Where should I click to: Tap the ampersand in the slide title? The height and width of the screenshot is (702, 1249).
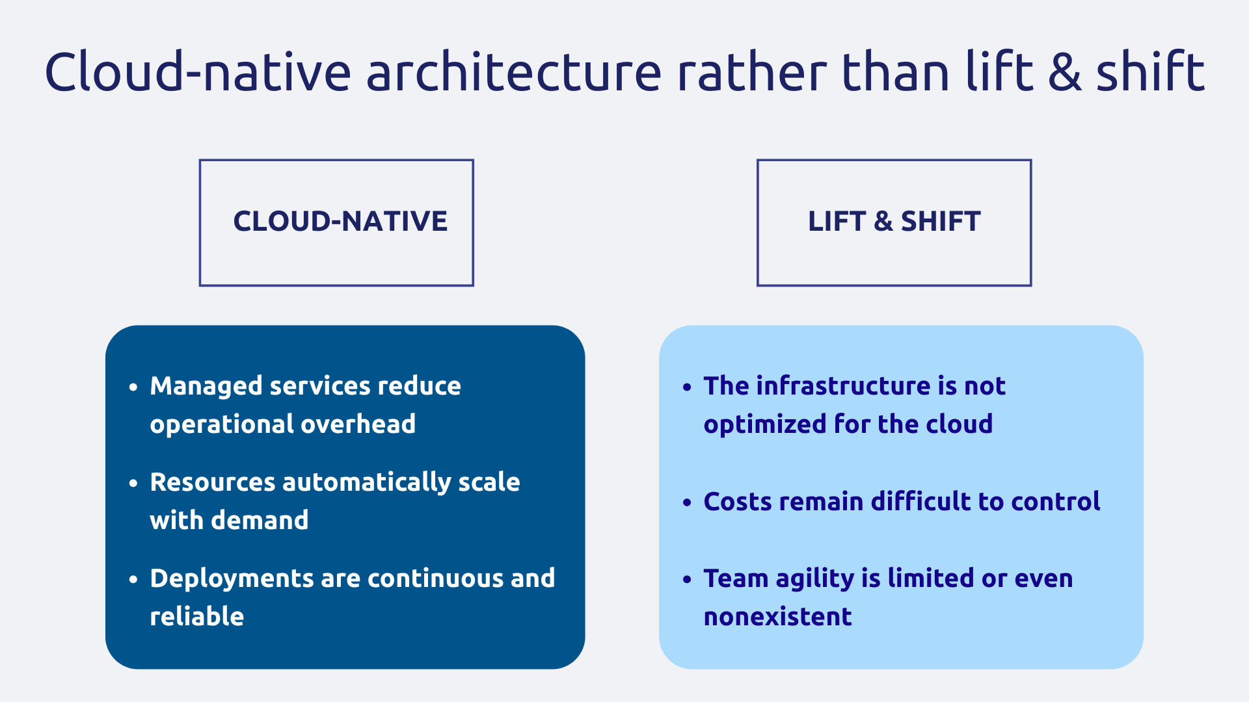click(x=1065, y=73)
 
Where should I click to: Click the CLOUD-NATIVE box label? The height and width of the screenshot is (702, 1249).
click(x=340, y=222)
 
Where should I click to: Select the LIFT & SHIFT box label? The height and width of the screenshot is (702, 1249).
click(x=894, y=222)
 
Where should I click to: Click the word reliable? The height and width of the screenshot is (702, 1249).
click(x=197, y=617)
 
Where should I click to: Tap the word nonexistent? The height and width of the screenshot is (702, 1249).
click(x=777, y=617)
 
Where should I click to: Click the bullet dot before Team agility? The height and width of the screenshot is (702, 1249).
click(x=687, y=579)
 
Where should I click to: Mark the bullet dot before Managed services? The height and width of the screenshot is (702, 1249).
click(x=133, y=387)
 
